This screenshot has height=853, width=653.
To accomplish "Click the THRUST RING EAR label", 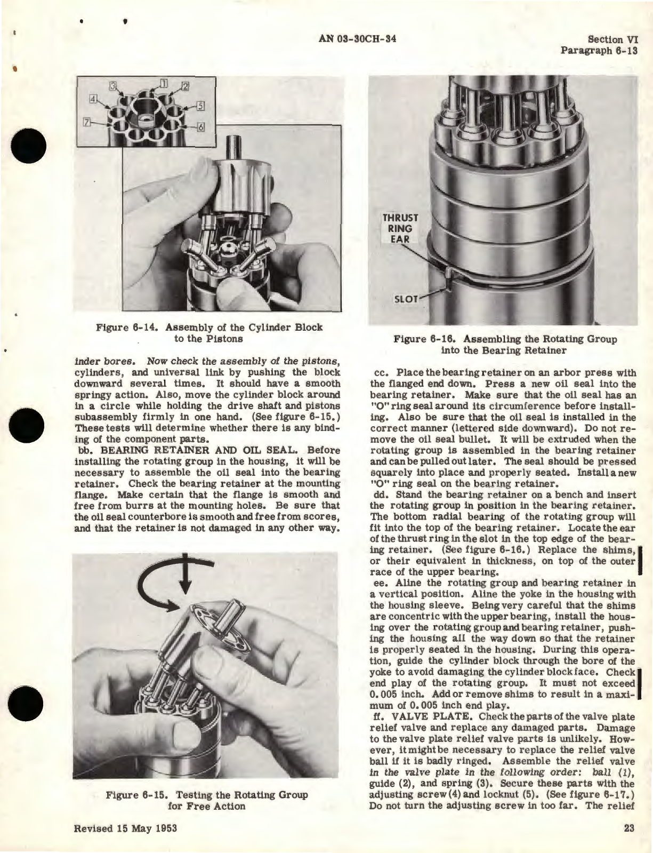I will pos(401,228).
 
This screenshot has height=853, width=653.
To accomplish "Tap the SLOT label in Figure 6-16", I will pos(405,298).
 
